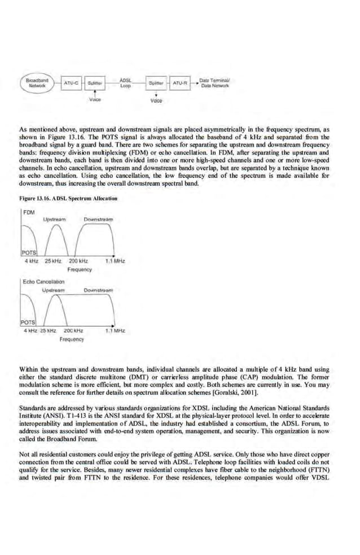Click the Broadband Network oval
pyautogui.click(x=37, y=83)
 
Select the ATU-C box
pyautogui.click(x=71, y=84)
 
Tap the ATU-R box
pyautogui.click(x=179, y=84)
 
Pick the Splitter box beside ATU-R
pyautogui.click(x=155, y=84)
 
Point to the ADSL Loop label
pyautogui.click(x=126, y=83)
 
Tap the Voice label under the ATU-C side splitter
pyautogui.click(x=95, y=100)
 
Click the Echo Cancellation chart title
pyautogui.click(x=43, y=281)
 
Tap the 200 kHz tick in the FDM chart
pyautogui.click(x=78, y=261)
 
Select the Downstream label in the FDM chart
pyautogui.click(x=98, y=219)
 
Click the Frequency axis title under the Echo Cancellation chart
pyautogui.click(x=72, y=339)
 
